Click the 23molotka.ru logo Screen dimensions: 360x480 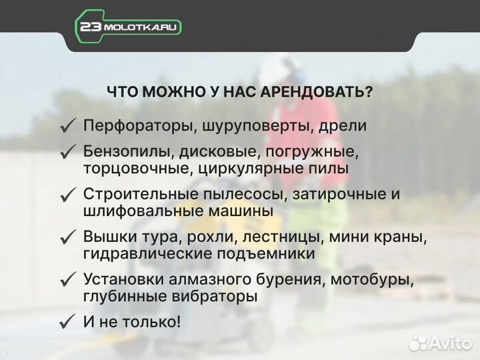point(128,27)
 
